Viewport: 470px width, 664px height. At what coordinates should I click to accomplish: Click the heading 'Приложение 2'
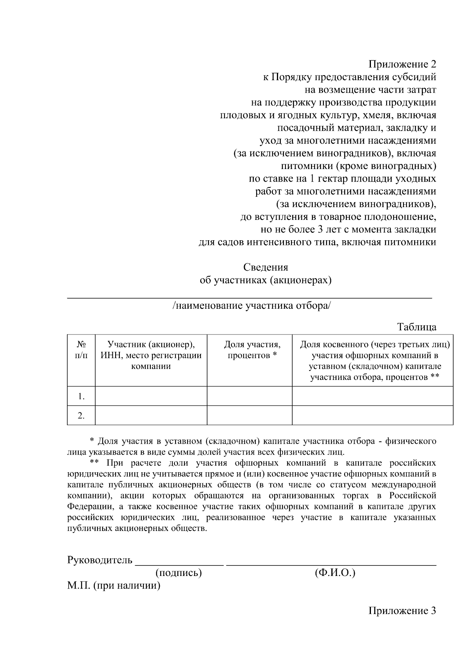pos(402,64)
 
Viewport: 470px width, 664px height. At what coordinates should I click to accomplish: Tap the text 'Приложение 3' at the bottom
pos(402,611)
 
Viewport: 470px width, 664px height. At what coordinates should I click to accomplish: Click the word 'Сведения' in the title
pos(266,267)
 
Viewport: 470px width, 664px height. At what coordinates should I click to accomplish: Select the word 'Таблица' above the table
pos(416,327)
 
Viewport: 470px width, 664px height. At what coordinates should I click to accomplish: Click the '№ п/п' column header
pos(81,350)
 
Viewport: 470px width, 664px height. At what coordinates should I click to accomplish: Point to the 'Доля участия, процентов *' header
pos(252,350)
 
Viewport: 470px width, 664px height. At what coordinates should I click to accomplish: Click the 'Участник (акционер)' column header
pos(151,355)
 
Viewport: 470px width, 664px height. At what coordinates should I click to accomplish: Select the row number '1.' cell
pos(81,396)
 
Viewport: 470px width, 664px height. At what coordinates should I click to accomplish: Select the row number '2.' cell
pos(81,416)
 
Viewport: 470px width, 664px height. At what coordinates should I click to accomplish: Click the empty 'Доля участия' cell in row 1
pos(249,396)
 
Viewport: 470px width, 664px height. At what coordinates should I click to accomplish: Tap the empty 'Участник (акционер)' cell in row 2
pos(151,416)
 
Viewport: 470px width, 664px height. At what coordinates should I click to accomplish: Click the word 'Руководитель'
pos(100,560)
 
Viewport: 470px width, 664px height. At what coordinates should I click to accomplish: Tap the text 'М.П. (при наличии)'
pos(114,586)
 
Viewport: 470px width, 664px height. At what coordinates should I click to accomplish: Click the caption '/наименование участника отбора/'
pos(251,306)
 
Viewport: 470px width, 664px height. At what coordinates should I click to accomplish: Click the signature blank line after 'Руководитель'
pos(179,563)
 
